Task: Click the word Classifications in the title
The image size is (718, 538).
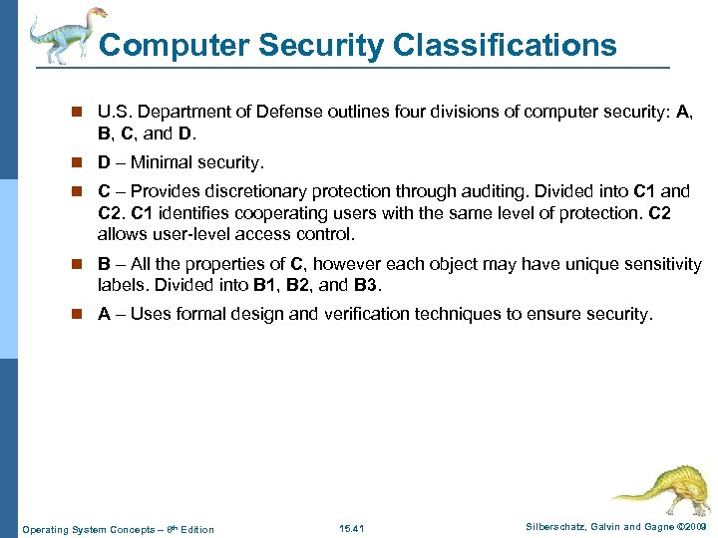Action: click(x=506, y=45)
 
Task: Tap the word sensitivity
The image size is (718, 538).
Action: click(x=658, y=265)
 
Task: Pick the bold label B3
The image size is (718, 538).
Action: click(x=366, y=286)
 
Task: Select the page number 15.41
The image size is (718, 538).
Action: click(x=352, y=528)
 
